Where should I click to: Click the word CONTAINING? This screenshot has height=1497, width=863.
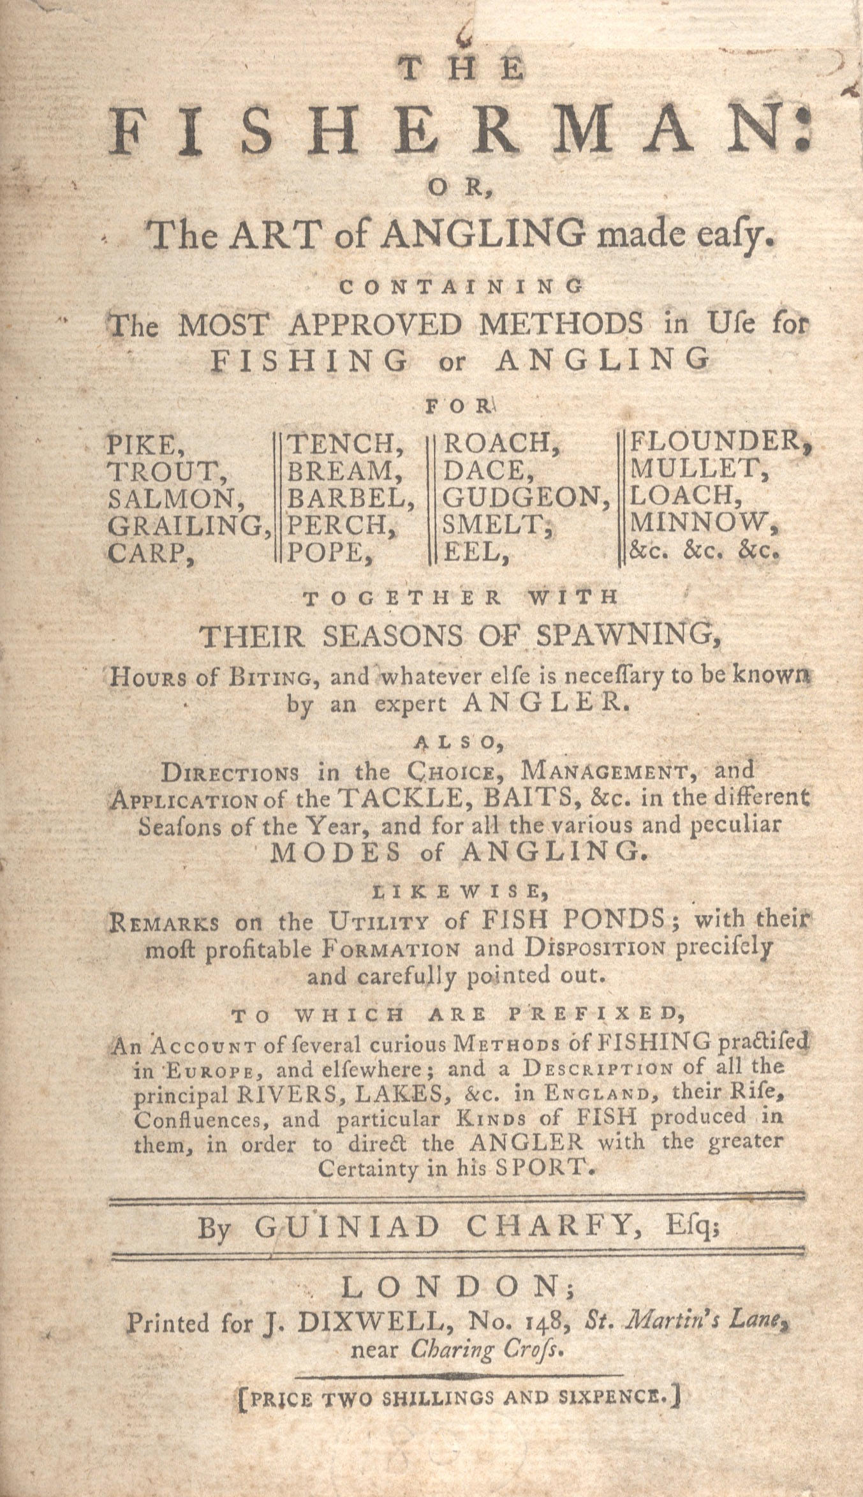tap(461, 287)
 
